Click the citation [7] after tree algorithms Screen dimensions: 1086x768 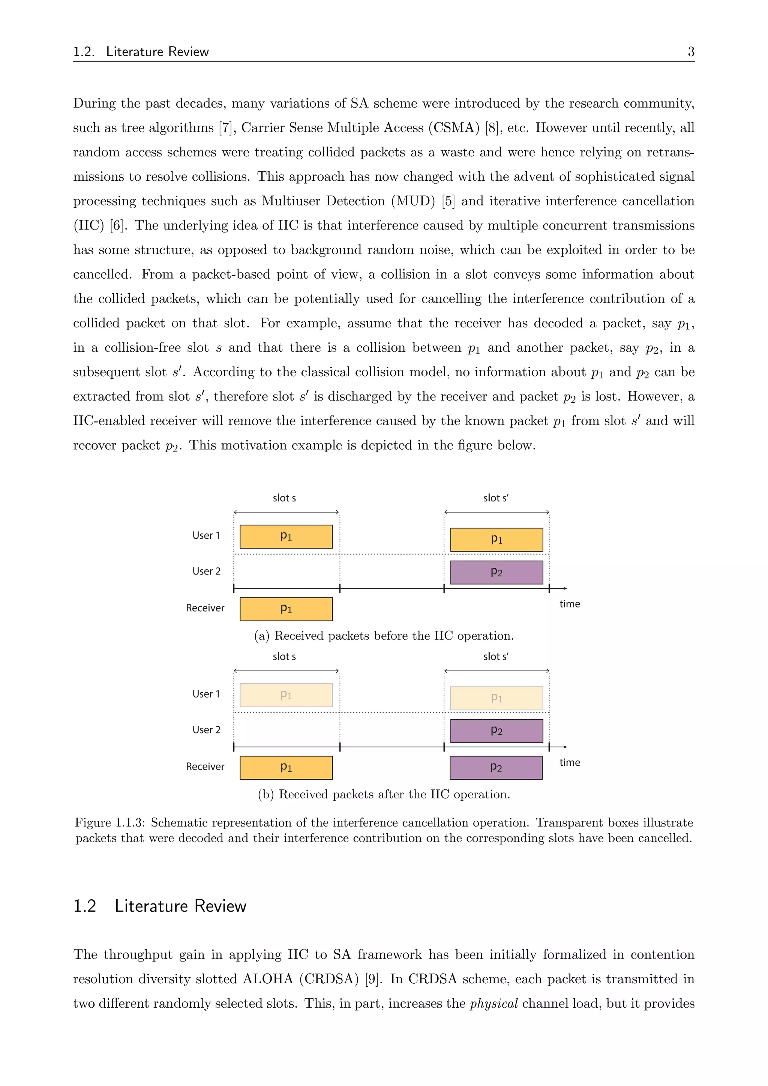click(x=226, y=128)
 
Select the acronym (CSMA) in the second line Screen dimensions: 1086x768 click(x=453, y=128)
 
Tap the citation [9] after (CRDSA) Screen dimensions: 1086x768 click(x=373, y=979)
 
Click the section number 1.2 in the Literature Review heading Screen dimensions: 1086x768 click(x=85, y=906)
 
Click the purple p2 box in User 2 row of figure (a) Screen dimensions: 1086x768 click(x=496, y=572)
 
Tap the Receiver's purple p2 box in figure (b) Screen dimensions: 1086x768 click(x=496, y=767)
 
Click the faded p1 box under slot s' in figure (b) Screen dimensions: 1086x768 click(x=496, y=698)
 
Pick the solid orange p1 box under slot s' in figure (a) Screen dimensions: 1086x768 click(x=496, y=540)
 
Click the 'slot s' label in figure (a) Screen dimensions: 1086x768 click(x=284, y=498)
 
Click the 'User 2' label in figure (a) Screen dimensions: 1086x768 click(x=206, y=571)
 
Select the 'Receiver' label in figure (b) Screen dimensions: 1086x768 click(x=205, y=767)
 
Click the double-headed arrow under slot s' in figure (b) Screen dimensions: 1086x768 click(x=496, y=671)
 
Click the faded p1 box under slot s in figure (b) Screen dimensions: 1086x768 click(x=286, y=695)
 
